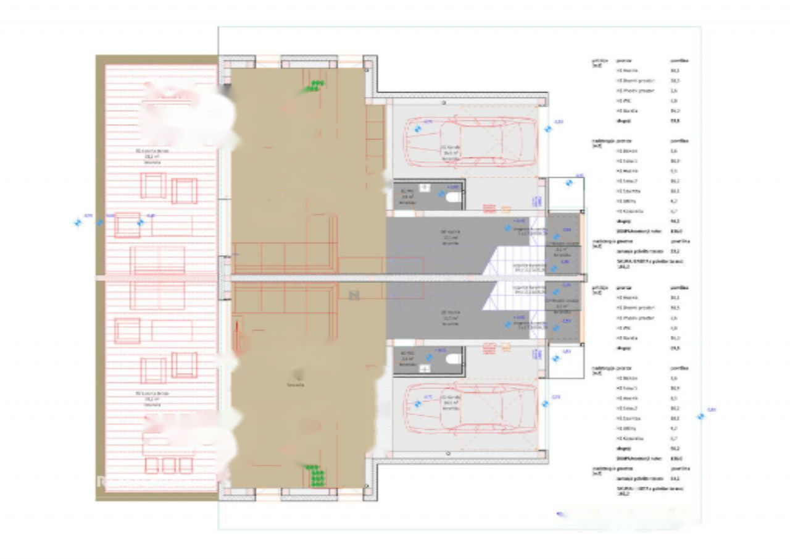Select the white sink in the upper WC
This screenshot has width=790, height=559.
coord(425,187)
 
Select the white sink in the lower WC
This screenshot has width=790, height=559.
coord(425,368)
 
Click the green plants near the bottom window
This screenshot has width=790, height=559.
coord(316,476)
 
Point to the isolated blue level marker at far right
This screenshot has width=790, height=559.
coord(701,416)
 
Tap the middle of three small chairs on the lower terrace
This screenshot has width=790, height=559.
coord(168,464)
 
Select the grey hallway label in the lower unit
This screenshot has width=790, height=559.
coord(451,318)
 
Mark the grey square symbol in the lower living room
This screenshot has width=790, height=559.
coord(354,295)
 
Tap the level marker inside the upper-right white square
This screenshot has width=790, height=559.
coord(568,183)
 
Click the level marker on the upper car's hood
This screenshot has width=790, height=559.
coord(418,128)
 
